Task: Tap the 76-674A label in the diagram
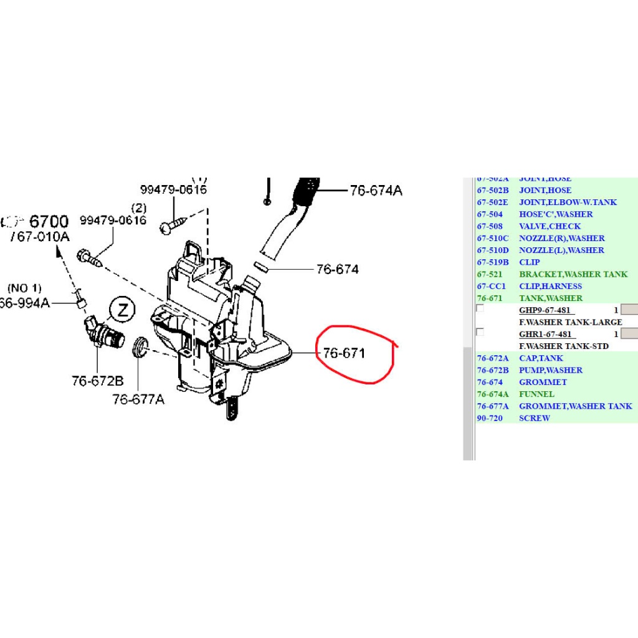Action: point(376,191)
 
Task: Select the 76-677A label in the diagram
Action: point(138,399)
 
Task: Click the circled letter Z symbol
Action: point(122,310)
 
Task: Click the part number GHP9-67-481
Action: point(545,310)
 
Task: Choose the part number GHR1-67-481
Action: point(545,335)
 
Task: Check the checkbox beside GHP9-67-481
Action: point(480,308)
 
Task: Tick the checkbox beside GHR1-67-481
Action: point(480,332)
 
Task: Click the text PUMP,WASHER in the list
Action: point(550,370)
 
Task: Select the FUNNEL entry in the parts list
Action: point(536,394)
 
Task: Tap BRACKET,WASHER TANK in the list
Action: point(573,274)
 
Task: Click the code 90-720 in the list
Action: point(490,419)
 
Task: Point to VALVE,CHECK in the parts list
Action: point(550,226)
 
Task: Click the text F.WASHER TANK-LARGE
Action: point(570,322)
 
